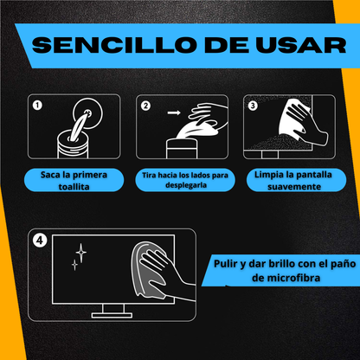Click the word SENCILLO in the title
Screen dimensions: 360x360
tap(112, 45)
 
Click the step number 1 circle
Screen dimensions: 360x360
tap(37, 106)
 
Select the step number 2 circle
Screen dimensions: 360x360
tap(145, 106)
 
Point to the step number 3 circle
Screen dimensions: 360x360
tap(253, 106)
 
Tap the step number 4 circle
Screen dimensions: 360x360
tap(40, 241)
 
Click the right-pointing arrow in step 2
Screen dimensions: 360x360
tap(174, 112)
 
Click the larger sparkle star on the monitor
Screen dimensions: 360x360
tap(81, 253)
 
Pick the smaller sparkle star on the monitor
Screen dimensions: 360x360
tap(74, 264)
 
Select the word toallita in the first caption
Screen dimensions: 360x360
tap(74, 187)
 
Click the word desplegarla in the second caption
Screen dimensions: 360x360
tap(186, 185)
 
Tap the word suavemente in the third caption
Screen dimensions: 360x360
tap(294, 187)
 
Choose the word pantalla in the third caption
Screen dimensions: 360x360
tap(314, 175)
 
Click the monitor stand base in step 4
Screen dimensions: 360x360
tap(112, 315)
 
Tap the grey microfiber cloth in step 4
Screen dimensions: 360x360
tap(147, 270)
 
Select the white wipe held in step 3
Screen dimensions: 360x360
tap(292, 119)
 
